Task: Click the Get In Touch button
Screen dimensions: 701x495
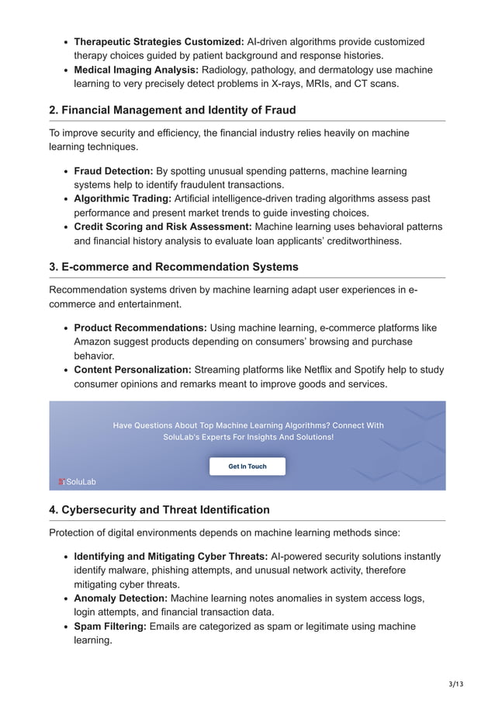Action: (x=247, y=467)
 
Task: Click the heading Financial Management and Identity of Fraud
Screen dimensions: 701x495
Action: (x=172, y=110)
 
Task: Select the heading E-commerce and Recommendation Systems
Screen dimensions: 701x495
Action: (x=173, y=267)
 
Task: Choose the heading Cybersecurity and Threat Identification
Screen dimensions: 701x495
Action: (x=159, y=510)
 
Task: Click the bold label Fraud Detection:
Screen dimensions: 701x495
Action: (x=113, y=171)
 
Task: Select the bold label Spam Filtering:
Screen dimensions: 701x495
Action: (x=109, y=626)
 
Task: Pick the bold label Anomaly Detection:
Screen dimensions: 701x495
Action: (x=120, y=599)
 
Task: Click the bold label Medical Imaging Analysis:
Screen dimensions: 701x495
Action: (x=137, y=70)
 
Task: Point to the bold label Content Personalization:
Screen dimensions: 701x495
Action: (x=133, y=370)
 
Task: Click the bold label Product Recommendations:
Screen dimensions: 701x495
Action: (x=140, y=328)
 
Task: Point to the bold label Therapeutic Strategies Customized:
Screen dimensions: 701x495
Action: (x=159, y=42)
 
